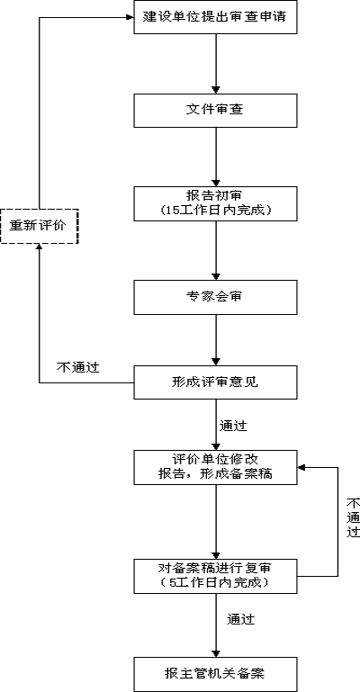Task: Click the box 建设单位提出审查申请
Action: click(215, 17)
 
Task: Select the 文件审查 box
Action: click(215, 110)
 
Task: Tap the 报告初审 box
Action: click(215, 203)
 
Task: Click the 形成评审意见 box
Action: click(215, 382)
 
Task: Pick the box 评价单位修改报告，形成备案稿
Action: click(215, 467)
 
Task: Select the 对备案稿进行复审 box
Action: click(215, 575)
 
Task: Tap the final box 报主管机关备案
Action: click(215, 673)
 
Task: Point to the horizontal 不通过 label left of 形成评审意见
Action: click(77, 367)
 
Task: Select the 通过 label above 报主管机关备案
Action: click(240, 620)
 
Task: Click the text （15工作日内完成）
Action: click(215, 211)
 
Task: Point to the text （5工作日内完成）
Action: click(215, 582)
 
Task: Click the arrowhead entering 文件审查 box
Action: click(216, 88)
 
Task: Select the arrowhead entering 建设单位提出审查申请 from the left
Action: click(128, 17)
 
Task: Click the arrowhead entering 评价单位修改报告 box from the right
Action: click(303, 467)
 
